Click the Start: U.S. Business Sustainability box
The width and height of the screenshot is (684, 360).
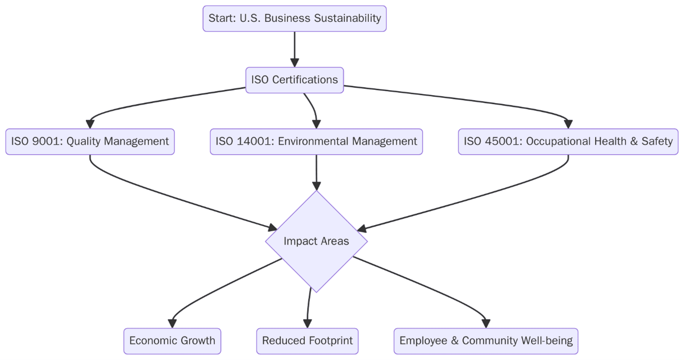point(294,19)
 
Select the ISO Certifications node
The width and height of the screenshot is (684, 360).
point(294,80)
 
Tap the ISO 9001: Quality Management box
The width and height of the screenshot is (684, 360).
point(90,141)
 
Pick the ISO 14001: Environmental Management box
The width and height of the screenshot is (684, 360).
point(316,141)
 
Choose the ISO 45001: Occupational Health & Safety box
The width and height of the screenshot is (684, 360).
point(568,141)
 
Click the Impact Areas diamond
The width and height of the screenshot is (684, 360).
point(316,241)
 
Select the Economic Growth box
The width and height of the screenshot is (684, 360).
point(172,341)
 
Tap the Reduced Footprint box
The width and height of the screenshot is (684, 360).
point(307,341)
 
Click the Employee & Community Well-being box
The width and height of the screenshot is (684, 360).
point(486,341)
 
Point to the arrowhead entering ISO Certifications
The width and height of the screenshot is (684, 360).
point(295,62)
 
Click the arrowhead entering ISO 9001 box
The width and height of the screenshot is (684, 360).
point(90,124)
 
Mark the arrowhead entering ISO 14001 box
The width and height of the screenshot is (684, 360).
point(316,124)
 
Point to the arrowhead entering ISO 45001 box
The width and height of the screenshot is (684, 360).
point(568,124)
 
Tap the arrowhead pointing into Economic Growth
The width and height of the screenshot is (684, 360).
point(172,323)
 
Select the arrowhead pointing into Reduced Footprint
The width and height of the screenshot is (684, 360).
point(308,323)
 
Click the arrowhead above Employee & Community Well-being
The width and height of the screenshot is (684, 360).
point(486,323)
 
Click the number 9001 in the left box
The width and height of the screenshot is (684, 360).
point(48,141)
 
